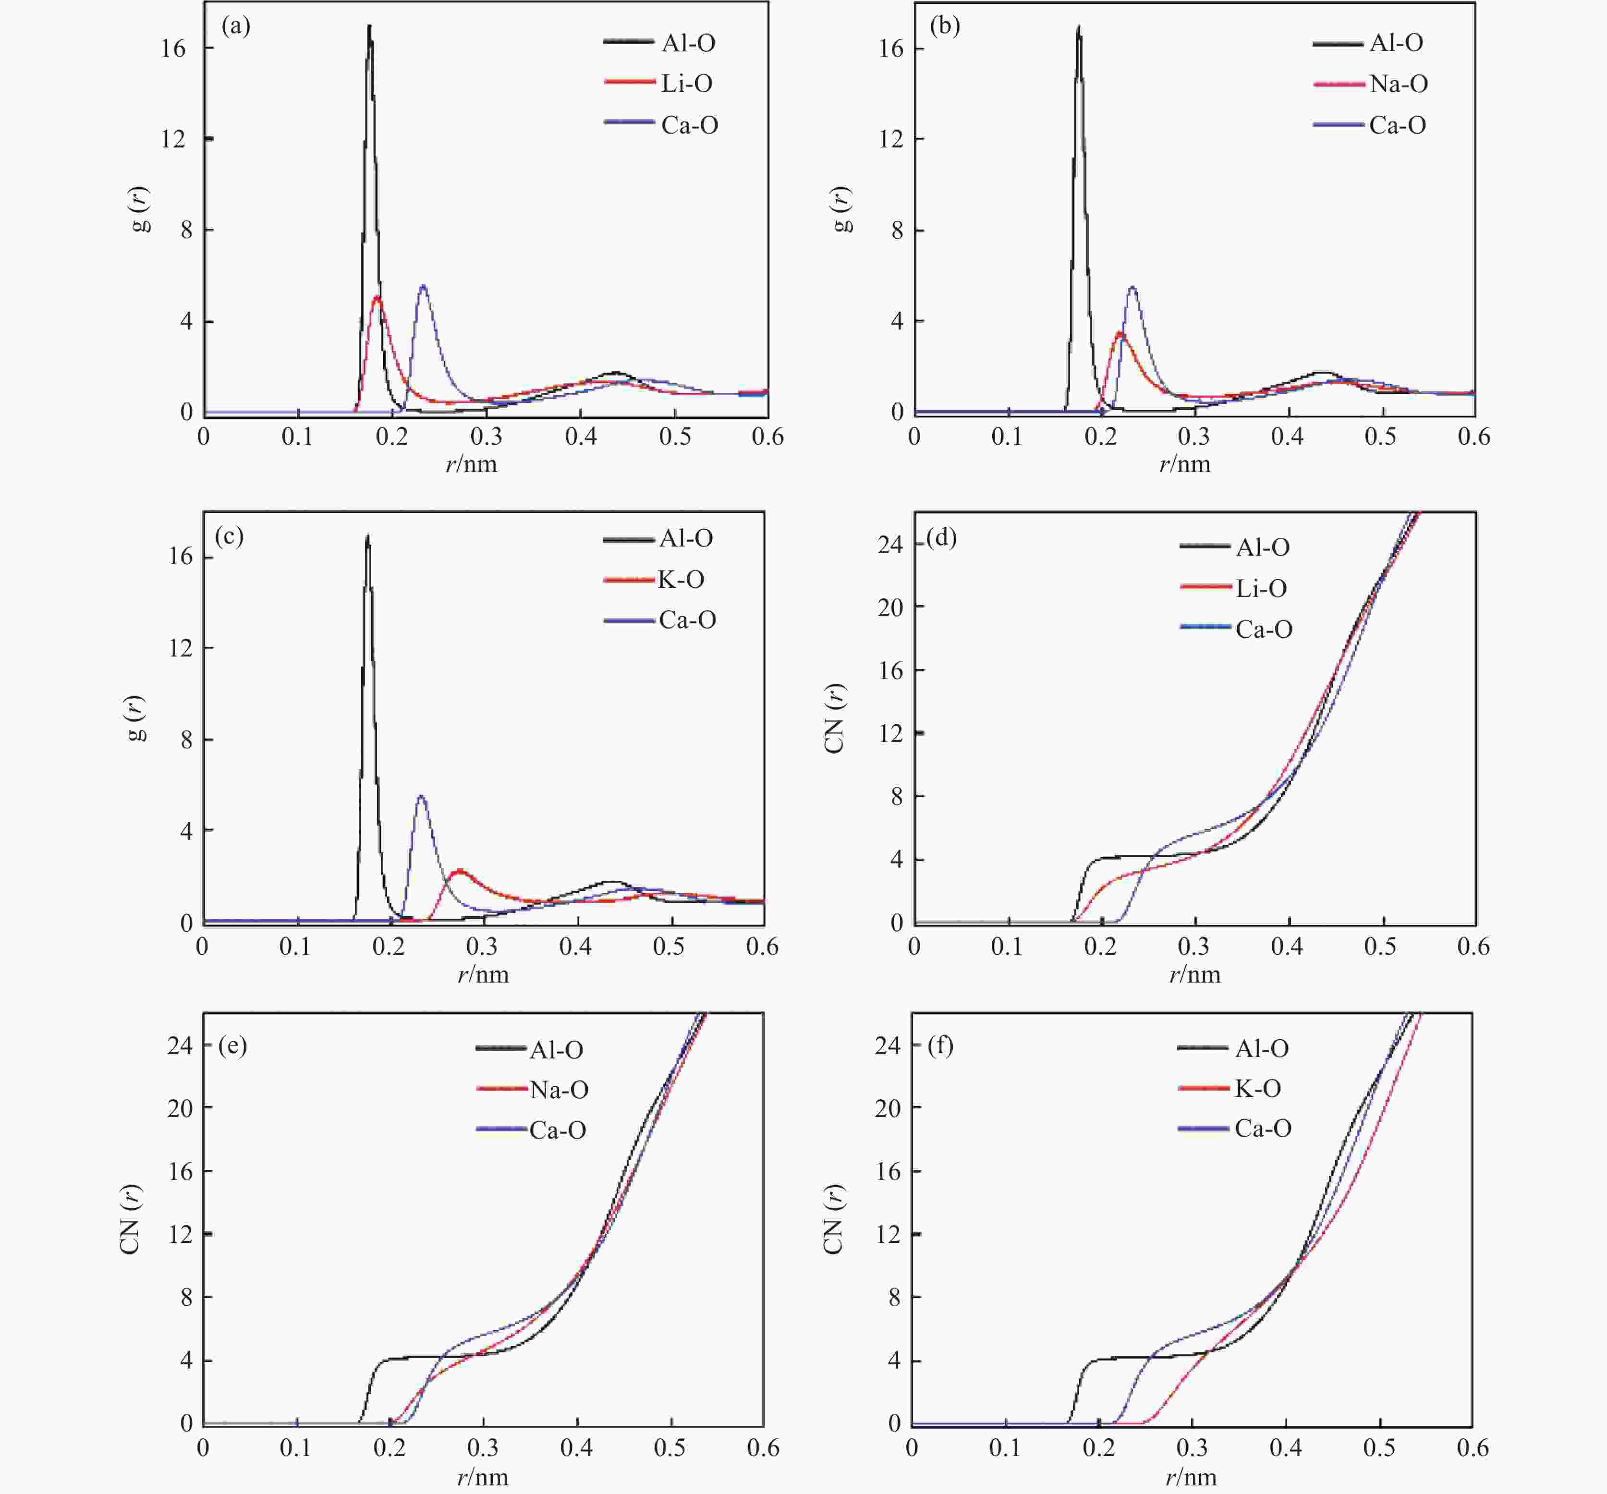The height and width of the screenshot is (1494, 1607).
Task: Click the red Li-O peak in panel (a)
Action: pyautogui.click(x=377, y=298)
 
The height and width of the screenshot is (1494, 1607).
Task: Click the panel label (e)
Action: pyautogui.click(x=233, y=1045)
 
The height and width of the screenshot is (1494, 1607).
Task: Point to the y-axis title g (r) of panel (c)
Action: pyautogui.click(x=137, y=718)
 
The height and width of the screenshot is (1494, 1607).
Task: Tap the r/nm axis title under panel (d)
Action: pyautogui.click(x=1194, y=974)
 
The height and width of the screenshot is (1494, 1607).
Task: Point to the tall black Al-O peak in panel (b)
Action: pyautogui.click(x=1078, y=27)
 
